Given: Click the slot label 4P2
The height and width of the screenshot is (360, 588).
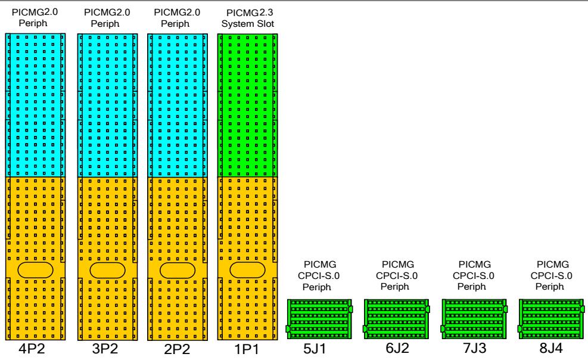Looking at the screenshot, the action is [32, 349].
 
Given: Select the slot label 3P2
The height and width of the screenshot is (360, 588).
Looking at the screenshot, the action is [105, 349].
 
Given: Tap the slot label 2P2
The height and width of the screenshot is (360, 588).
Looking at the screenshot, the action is [177, 349].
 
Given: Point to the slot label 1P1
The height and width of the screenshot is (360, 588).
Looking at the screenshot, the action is [247, 349].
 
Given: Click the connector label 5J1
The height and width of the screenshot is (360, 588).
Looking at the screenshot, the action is [315, 349].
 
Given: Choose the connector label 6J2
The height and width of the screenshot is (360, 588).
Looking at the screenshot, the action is [397, 348].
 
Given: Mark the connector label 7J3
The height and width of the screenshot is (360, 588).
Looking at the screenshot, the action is [474, 348].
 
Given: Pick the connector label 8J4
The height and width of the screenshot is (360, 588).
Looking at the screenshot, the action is [551, 348].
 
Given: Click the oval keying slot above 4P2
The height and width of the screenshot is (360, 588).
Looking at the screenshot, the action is [35, 270].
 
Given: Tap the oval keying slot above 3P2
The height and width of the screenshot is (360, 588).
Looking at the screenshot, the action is [107, 270].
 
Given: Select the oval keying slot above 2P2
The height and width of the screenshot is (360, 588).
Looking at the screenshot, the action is [178, 270].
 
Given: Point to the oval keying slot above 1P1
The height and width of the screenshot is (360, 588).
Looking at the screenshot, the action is [247, 270].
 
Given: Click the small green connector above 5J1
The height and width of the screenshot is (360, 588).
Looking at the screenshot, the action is [319, 319].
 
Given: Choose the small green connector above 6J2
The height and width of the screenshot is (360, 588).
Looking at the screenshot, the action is [396, 319].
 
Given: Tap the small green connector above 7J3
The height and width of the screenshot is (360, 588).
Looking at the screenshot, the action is [474, 319].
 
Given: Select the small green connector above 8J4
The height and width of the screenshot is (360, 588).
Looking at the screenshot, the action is [552, 319].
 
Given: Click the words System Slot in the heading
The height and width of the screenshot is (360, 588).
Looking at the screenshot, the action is [247, 24].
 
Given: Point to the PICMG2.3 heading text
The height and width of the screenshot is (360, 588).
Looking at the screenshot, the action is [250, 13].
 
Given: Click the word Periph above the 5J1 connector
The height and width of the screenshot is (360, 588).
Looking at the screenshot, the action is [317, 287].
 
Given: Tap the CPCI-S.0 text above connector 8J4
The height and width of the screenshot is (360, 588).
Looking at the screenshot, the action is [551, 275].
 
